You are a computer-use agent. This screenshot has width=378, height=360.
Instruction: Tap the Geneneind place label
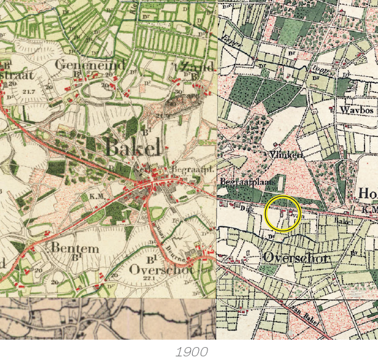(90, 65)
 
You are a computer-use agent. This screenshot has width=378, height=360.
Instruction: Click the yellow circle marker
(282, 214)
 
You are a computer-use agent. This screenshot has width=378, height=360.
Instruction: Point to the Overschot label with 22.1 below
(162, 269)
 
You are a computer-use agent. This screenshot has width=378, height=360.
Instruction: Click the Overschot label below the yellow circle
(295, 257)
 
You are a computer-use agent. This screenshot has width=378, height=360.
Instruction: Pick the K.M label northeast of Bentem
(95, 196)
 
